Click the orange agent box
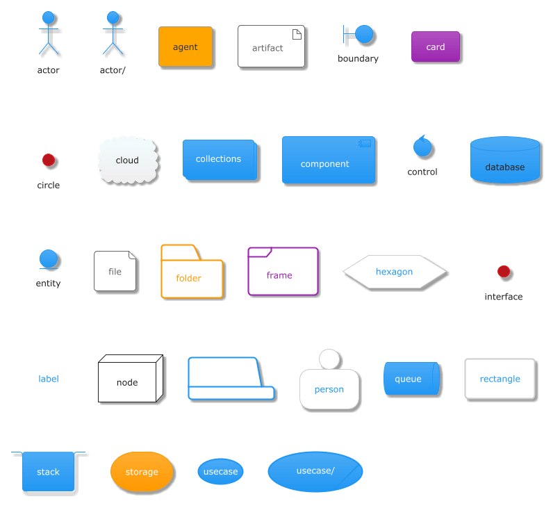[x=185, y=47]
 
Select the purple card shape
[x=436, y=47]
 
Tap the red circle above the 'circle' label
[x=49, y=161]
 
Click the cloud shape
[x=128, y=161]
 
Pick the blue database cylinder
[x=505, y=161]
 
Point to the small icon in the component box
[x=365, y=143]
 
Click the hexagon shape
[x=395, y=272]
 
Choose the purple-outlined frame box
[x=283, y=272]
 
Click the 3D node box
[x=129, y=381]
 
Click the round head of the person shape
[x=330, y=359]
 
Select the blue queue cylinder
[x=411, y=379]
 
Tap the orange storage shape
[x=142, y=472]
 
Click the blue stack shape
[x=49, y=472]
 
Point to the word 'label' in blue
[x=49, y=379]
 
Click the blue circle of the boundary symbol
[x=364, y=35]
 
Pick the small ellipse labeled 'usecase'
[x=220, y=472]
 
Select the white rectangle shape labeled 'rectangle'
[x=500, y=379]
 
